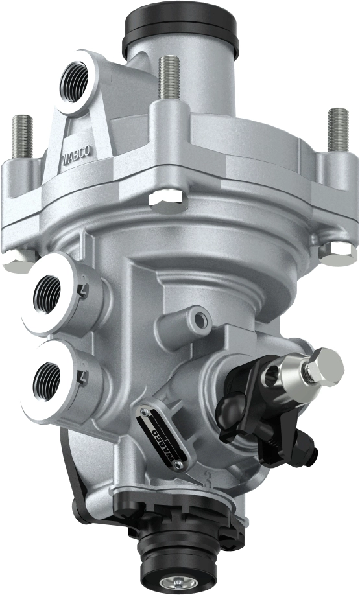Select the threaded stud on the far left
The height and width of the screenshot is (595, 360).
coord(21,137)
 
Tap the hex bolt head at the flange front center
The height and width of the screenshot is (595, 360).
coord(164,199)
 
